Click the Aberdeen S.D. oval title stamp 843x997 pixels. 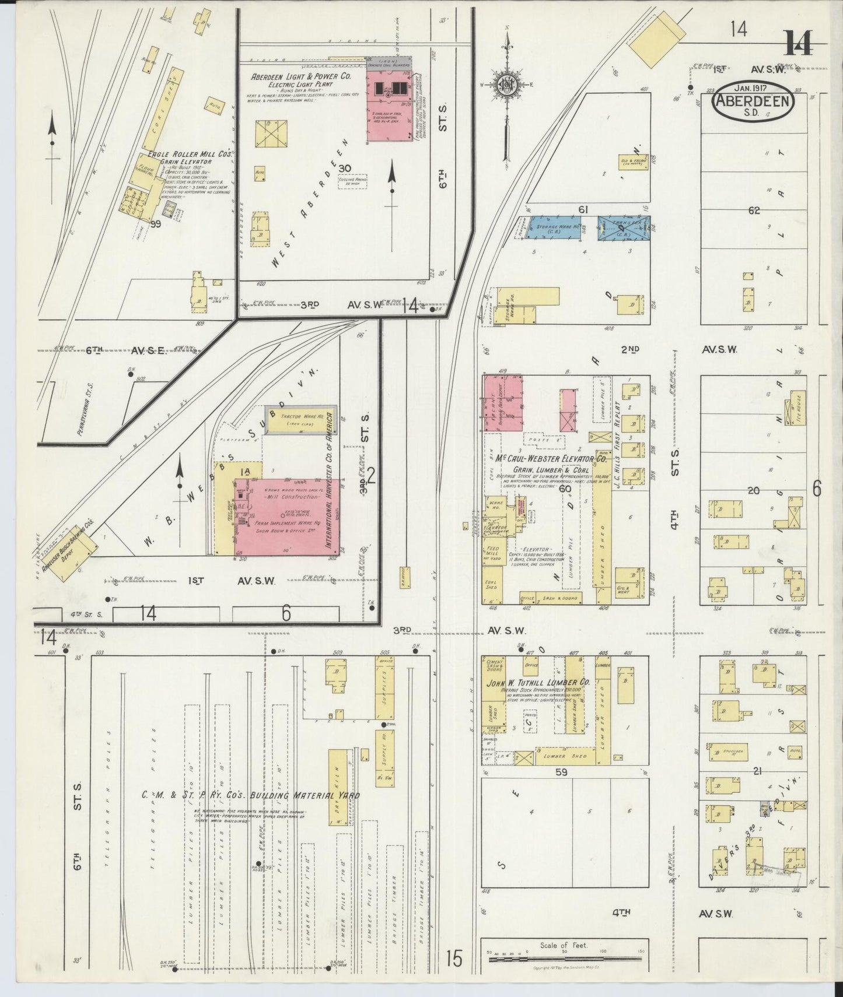tap(752, 102)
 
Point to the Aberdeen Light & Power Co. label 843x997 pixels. tap(300, 76)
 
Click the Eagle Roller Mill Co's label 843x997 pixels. tap(190, 155)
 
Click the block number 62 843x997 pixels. tap(754, 210)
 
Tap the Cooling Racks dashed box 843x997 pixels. tap(353, 181)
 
